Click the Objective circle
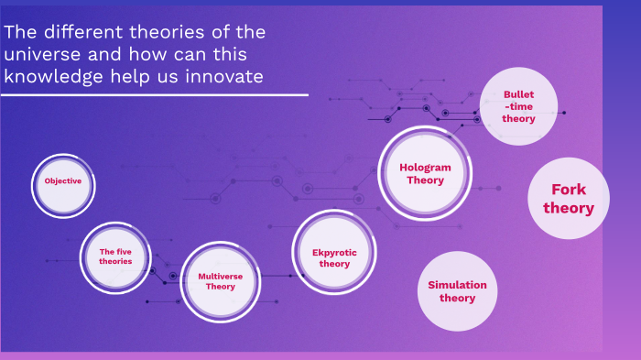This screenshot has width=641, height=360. point(63,181)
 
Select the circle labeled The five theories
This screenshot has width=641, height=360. point(115,256)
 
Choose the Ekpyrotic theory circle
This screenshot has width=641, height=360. point(334,257)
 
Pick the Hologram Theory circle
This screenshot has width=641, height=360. point(425,174)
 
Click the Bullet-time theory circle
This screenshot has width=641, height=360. point(518,106)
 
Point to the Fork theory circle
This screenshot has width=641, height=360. point(568,199)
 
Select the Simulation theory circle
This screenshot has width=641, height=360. point(457,290)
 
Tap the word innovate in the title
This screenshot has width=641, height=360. point(225,77)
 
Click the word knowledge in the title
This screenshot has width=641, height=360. point(49,77)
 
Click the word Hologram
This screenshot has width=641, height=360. point(425,168)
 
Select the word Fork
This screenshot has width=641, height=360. point(568,190)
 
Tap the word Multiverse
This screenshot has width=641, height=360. point(220,275)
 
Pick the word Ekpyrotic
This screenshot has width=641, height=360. point(334,252)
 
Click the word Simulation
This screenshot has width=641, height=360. point(457,285)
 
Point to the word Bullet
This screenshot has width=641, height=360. point(518,94)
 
